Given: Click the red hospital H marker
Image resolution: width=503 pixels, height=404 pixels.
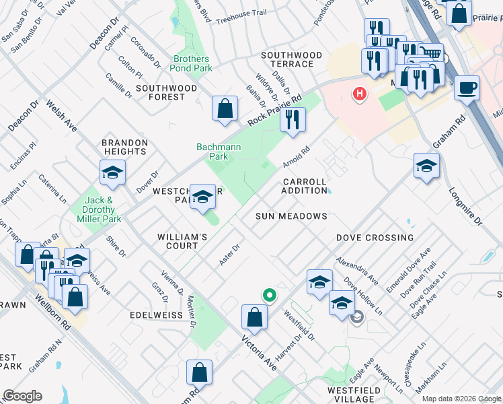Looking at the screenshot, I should tap(360, 93).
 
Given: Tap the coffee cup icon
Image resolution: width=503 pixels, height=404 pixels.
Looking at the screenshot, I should tap(467, 88).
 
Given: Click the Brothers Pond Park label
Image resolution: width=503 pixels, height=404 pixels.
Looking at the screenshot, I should tap(192, 63).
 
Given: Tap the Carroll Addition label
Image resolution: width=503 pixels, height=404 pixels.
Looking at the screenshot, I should tap(305, 187).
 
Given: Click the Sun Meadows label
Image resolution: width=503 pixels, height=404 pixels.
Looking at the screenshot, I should tap(291, 216).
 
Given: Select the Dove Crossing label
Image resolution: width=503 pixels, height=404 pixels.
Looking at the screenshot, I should tap(375, 238).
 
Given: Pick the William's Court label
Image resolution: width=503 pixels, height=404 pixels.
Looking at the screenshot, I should tap(182, 242).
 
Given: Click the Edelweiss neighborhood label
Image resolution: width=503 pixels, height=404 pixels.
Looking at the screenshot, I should tap(155, 315).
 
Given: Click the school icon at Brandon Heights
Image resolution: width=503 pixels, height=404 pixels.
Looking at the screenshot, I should tap(113, 172).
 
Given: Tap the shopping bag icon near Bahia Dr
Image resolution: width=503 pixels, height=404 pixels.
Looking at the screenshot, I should tap(225, 108).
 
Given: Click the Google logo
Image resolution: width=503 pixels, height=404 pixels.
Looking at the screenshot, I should tap(23, 396).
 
